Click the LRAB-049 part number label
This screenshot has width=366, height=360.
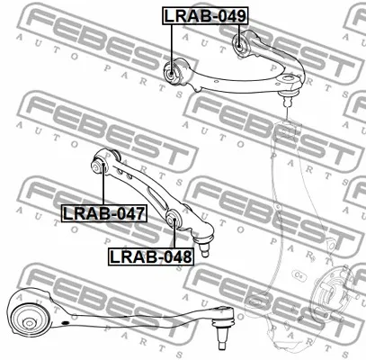coord(205,15)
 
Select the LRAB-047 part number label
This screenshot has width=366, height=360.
coord(104,213)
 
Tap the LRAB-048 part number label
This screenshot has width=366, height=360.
coord(151,256)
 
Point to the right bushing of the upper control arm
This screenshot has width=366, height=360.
coord(240,44)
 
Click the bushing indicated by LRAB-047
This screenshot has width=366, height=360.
coord(99,166)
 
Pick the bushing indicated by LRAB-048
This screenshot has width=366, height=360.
coord(173,220)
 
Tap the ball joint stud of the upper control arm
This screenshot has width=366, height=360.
coord(288,98)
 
